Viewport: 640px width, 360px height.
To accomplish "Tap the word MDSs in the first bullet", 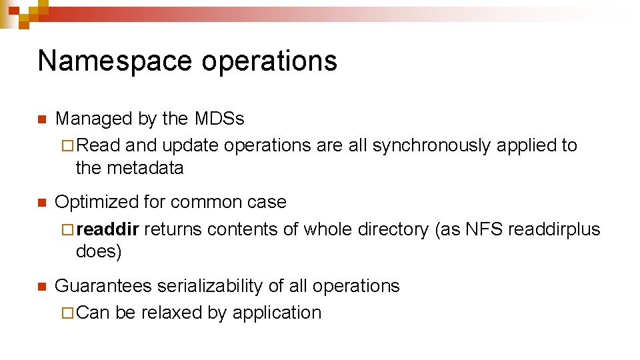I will coord(219,119).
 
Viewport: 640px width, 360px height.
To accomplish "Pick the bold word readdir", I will coord(107,229).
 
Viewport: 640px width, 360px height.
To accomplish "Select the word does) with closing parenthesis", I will coord(99,252).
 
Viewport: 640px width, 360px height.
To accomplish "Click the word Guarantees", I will coord(103,286).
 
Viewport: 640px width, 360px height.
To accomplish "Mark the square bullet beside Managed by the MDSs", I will coord(41,120).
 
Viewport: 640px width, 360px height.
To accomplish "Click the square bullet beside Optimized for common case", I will coord(41,203).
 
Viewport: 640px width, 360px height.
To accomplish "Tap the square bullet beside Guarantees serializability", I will coord(41,287).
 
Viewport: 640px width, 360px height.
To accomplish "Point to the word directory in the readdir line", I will coord(393,230).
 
